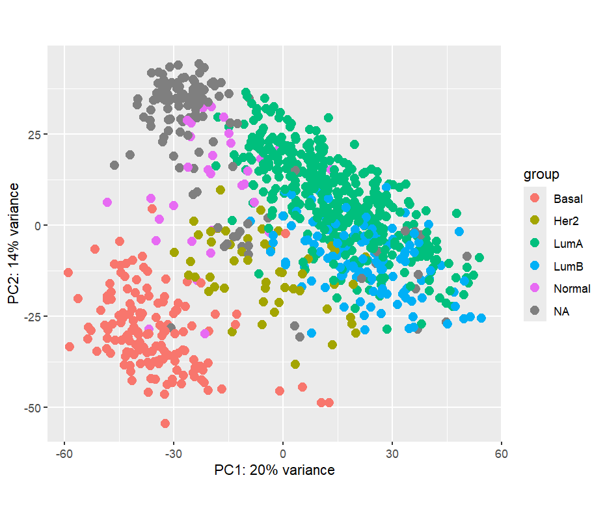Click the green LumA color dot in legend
535,243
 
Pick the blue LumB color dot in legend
535,266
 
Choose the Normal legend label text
572,289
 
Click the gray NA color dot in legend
535,312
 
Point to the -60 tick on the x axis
64,453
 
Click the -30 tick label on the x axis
173,453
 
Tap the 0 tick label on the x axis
282,453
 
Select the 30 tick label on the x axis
392,453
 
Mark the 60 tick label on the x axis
501,453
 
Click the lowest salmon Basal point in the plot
165,423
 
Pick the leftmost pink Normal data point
107,202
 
